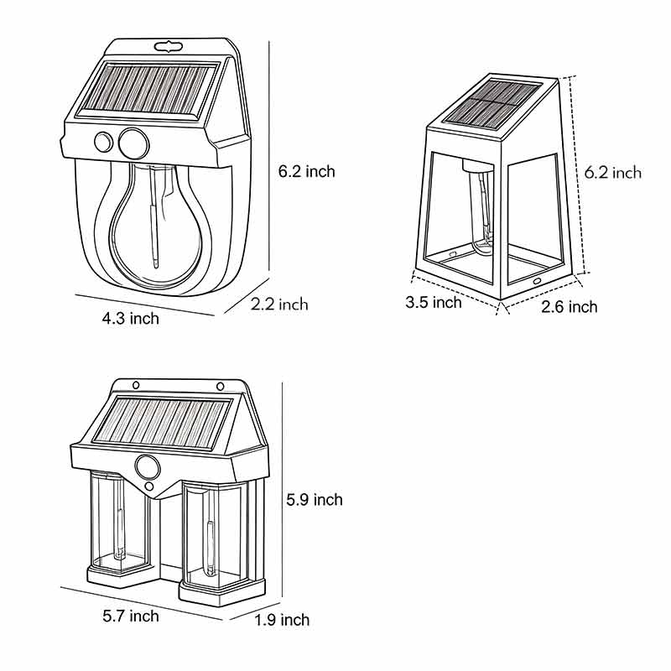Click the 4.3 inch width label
130,318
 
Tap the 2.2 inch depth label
279,304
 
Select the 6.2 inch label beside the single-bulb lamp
306,171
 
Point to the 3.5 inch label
434,302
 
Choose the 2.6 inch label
570,307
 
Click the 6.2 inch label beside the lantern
613,173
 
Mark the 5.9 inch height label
315,500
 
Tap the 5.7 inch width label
130,616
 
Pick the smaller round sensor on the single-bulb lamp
103,143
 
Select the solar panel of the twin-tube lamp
161,422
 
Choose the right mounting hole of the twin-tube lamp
220,386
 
